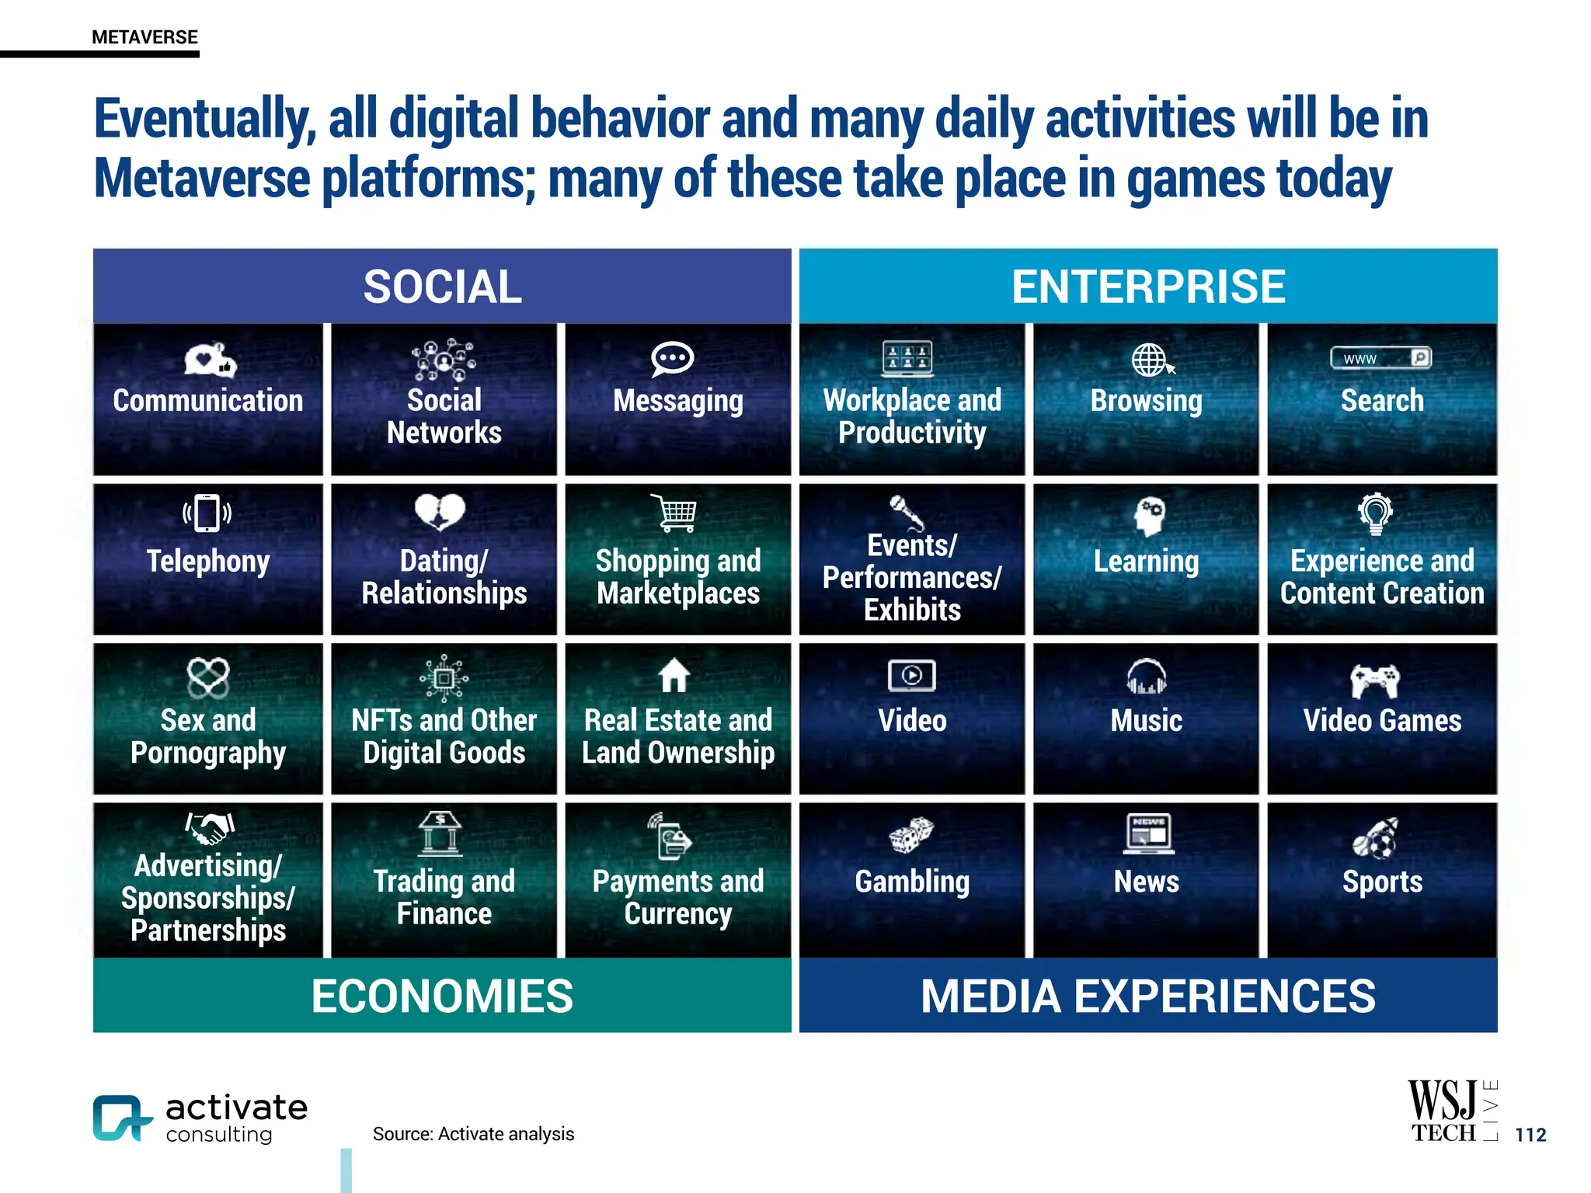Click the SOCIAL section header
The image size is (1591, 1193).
pyautogui.click(x=442, y=287)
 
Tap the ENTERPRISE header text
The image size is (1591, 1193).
pyautogui.click(x=1148, y=287)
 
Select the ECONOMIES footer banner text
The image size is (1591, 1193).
pyautogui.click(x=442, y=996)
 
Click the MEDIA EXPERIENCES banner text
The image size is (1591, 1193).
pyautogui.click(x=1148, y=996)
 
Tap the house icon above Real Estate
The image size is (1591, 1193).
pyautogui.click(x=674, y=675)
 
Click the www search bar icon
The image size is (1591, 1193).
pyautogui.click(x=1380, y=358)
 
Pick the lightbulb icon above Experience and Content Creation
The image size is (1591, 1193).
pyautogui.click(x=1375, y=513)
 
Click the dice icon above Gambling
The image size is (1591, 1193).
pyautogui.click(x=910, y=835)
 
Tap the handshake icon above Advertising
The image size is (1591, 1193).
pyautogui.click(x=210, y=828)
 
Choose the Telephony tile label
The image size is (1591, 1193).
pyautogui.click(x=208, y=561)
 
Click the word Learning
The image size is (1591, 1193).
pyautogui.click(x=1146, y=561)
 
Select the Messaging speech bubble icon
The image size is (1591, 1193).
pyautogui.click(x=672, y=359)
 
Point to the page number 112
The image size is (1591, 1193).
pyautogui.click(x=1530, y=1135)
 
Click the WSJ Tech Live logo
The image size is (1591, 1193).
pyautogui.click(x=1450, y=1111)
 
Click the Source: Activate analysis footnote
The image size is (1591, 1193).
pyautogui.click(x=473, y=1134)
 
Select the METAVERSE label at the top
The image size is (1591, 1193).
pyautogui.click(x=144, y=37)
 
